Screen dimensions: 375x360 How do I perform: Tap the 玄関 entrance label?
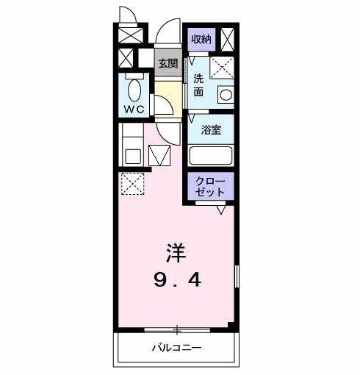click(168, 63)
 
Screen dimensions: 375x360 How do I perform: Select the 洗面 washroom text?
click(198, 85)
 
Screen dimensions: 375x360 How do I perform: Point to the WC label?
click(134, 107)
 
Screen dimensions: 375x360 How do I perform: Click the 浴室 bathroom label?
click(212, 129)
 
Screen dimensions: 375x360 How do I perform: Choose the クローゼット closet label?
click(211, 185)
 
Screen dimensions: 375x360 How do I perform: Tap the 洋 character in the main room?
click(176, 254)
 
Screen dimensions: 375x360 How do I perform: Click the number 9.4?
click(176, 280)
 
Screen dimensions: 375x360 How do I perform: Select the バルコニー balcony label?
click(177, 347)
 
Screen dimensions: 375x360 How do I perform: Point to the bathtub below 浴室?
click(211, 156)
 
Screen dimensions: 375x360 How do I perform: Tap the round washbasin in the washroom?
click(225, 95)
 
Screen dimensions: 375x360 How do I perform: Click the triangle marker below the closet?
click(220, 209)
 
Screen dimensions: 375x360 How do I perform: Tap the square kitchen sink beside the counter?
click(132, 156)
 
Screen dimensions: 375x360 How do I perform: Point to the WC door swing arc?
click(163, 104)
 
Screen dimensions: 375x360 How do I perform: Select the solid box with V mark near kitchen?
click(159, 156)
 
